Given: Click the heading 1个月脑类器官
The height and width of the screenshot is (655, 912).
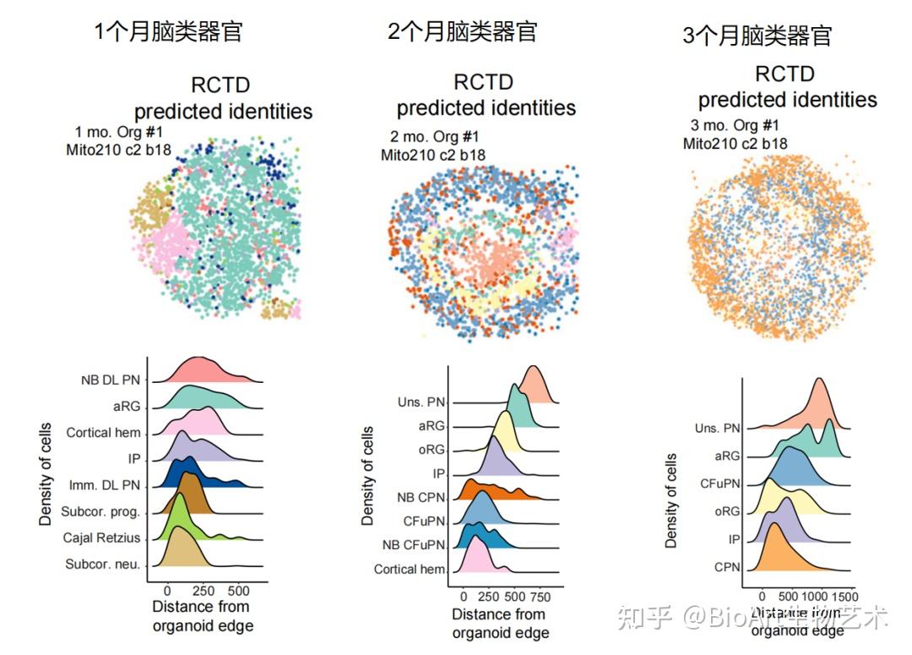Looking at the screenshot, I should tap(168, 32).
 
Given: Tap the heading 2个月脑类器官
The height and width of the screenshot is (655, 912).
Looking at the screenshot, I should tap(462, 32).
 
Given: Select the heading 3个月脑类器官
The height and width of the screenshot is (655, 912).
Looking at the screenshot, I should tap(757, 35).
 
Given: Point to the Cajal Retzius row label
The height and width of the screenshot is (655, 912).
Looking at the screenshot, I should tap(100, 538).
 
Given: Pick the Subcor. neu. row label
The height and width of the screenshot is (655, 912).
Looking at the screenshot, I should tap(103, 564).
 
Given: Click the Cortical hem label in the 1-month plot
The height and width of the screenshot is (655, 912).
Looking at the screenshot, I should tap(103, 433).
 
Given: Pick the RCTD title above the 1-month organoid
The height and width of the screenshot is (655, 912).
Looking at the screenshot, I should tap(220, 85).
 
